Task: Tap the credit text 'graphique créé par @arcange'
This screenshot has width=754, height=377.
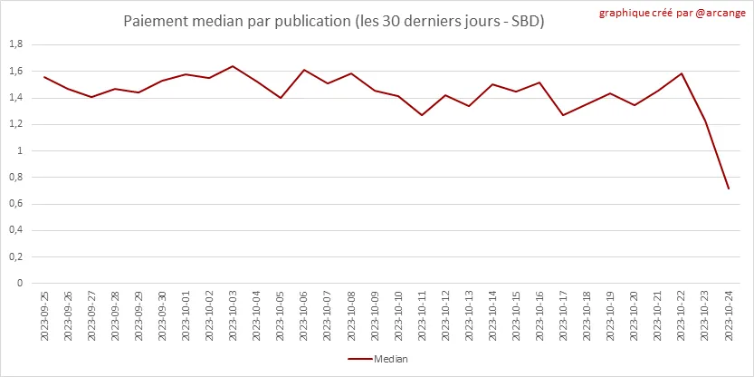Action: [673, 14]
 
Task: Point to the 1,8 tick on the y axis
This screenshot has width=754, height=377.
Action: [15, 45]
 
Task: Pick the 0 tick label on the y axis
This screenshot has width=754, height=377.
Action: [20, 283]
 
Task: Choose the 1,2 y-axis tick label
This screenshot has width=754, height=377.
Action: [15, 124]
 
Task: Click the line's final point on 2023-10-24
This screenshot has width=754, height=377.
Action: [728, 188]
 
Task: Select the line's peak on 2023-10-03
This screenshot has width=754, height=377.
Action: [233, 66]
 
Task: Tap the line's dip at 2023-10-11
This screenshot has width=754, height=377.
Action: [422, 115]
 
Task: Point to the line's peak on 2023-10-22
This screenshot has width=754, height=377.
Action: [681, 73]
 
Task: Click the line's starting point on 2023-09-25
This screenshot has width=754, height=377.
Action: [44, 77]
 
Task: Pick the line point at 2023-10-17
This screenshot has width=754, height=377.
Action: [563, 115]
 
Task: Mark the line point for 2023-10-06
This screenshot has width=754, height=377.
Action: [303, 70]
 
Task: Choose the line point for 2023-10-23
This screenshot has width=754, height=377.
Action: [704, 121]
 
